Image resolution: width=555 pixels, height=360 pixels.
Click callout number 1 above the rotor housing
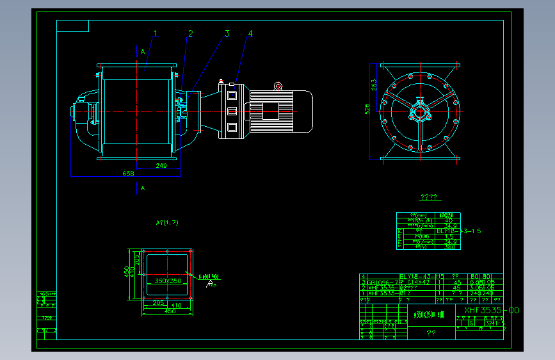click(155, 33)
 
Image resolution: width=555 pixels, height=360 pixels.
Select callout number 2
click(190, 33)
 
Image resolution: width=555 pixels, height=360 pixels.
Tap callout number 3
click(227, 33)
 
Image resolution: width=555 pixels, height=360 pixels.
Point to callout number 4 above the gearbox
click(250, 33)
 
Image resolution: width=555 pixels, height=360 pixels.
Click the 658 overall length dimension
click(128, 174)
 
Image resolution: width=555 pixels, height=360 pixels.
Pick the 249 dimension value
click(161, 166)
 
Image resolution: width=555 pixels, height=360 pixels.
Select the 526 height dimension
click(367, 110)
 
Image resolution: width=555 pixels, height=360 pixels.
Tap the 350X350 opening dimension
click(164, 281)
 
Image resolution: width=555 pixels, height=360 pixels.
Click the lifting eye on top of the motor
click(278, 86)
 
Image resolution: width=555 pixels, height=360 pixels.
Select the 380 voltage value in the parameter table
click(449, 246)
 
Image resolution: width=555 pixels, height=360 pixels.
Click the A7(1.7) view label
click(167, 223)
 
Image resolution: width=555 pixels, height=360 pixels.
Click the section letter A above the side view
click(142, 51)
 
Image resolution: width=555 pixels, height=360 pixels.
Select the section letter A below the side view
click(142, 188)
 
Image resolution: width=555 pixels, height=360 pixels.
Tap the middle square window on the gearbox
click(231, 111)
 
